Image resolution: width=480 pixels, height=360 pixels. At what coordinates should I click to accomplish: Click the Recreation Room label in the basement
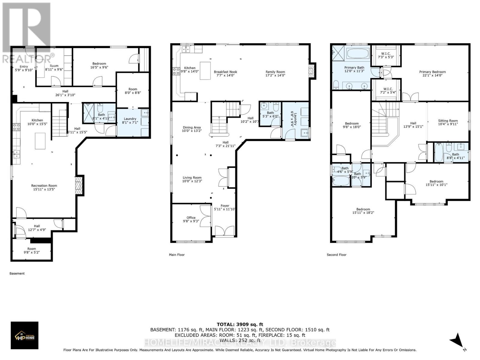[44, 185]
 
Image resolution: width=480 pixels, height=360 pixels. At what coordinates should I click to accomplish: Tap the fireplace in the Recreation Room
[79, 185]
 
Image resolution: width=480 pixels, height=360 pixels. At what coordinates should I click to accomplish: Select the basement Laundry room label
[130, 119]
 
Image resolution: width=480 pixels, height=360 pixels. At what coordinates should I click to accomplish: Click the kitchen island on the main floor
[205, 70]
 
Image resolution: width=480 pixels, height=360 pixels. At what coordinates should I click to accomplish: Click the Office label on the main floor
[191, 217]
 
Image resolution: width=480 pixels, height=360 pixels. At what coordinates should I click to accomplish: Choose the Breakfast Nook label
[225, 72]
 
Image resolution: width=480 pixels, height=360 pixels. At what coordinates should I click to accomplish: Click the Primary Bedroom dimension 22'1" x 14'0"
[432, 76]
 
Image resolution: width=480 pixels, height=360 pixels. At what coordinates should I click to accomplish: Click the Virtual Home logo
[25, 335]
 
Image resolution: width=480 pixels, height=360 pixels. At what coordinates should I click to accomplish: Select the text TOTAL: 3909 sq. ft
[240, 324]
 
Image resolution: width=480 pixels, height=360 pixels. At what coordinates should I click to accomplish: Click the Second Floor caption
[336, 255]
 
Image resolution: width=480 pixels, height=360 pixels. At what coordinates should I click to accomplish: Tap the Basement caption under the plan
[17, 273]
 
